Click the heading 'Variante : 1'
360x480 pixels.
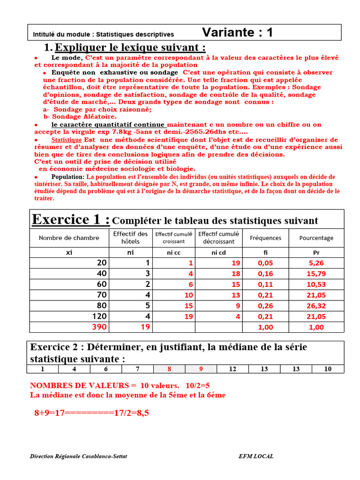pyautogui.click(x=237, y=32)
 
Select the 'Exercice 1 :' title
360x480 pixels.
pyautogui.click(x=71, y=219)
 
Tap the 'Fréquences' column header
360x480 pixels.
pyautogui.click(x=265, y=238)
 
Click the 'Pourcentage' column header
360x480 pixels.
pyautogui.click(x=316, y=238)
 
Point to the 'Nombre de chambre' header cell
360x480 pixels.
pyautogui.click(x=69, y=238)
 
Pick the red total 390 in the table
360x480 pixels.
pyautogui.click(x=99, y=327)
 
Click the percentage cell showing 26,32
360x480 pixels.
pyautogui.click(x=316, y=305)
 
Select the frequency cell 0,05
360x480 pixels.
pyautogui.click(x=265, y=263)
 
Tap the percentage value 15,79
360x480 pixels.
pyautogui.click(x=316, y=273)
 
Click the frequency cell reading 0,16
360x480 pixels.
pyautogui.click(x=265, y=273)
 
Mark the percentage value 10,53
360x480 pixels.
pyautogui.click(x=316, y=284)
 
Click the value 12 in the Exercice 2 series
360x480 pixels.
pyautogui.click(x=232, y=369)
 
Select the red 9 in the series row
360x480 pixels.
pyautogui.click(x=201, y=369)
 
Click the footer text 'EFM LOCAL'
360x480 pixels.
pyautogui.click(x=255, y=456)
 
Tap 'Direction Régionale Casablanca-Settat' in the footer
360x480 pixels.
pyautogui.click(x=78, y=456)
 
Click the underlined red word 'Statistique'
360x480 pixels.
pyautogui.click(x=67, y=140)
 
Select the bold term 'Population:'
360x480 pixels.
pyautogui.click(x=68, y=177)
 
